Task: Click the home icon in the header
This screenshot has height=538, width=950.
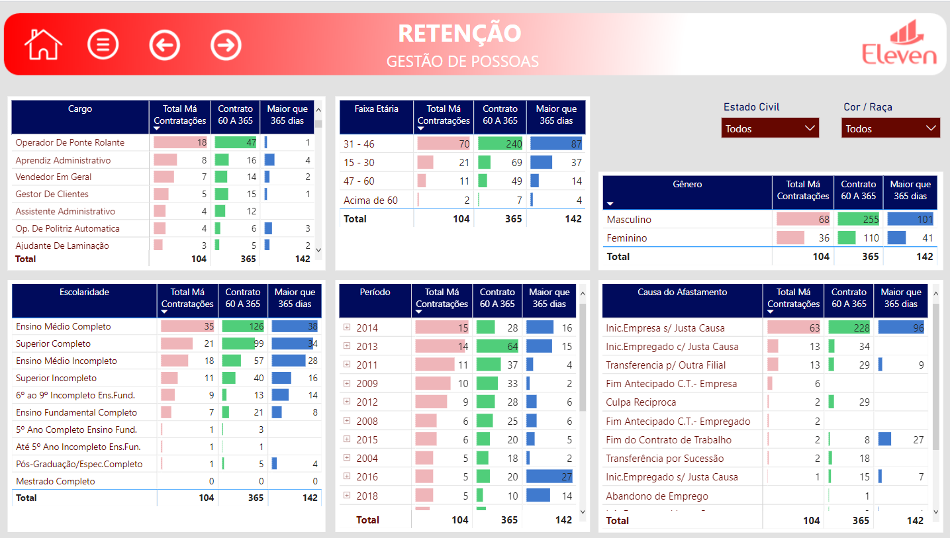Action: tap(43, 44)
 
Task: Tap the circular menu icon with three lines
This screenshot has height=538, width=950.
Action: tap(103, 45)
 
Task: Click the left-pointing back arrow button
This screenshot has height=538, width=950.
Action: tap(165, 45)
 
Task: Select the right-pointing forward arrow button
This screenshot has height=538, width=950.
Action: tap(226, 45)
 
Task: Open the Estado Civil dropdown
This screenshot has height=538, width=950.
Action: tap(770, 128)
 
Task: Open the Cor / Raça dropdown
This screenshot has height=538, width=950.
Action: tap(890, 128)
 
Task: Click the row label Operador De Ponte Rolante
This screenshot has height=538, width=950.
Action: tap(70, 142)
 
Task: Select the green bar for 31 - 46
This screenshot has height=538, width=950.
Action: tap(500, 144)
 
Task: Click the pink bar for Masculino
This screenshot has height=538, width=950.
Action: tap(802, 219)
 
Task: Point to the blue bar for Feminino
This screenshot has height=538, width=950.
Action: tap(896, 238)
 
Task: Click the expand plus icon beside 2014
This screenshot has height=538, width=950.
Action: tap(347, 328)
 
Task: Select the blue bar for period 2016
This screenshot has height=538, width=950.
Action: tap(549, 476)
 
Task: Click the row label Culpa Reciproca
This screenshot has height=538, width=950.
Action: tap(641, 402)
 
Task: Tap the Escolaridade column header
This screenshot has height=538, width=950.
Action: tap(84, 292)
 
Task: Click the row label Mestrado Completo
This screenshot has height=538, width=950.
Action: tap(56, 481)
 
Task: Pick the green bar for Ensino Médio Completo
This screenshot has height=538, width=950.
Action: tap(242, 326)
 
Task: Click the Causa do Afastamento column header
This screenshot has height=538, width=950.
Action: tap(682, 292)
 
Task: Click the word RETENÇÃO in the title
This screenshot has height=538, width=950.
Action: tap(459, 33)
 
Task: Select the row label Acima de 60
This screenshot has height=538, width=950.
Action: tap(370, 200)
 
